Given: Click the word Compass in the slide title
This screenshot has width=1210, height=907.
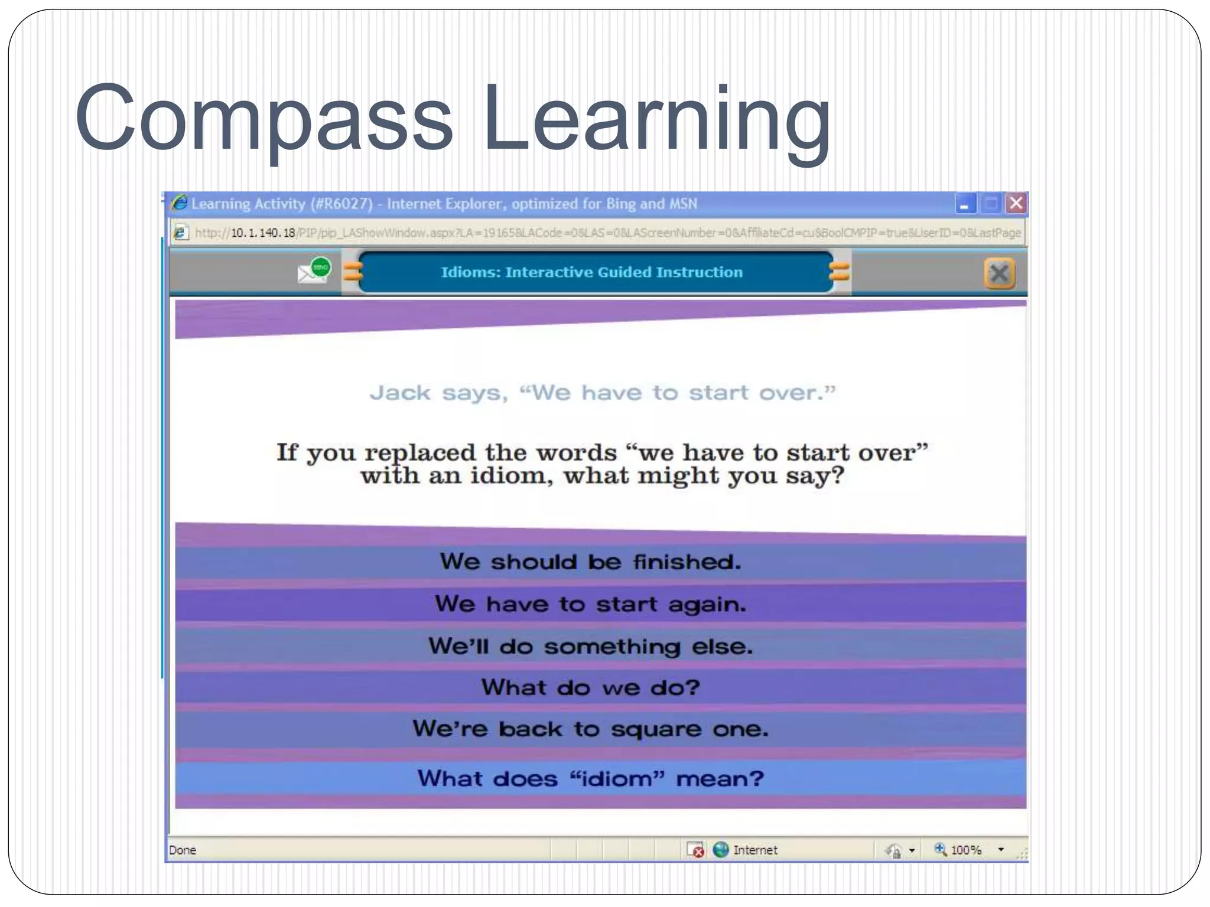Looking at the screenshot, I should [263, 118].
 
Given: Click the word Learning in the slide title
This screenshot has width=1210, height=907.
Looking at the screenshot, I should [656, 118].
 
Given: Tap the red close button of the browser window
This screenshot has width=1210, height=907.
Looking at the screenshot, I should [1016, 204].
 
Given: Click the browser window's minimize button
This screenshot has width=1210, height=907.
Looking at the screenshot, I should [965, 204].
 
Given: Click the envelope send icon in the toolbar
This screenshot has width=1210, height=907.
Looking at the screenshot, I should [314, 271].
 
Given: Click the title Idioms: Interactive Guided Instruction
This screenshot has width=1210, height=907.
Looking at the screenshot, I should [591, 272].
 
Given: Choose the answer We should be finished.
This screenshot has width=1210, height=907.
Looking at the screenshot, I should [590, 562].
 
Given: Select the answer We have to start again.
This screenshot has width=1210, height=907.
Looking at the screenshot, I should [590, 604].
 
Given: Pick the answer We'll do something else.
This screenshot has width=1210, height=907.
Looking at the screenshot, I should [590, 647].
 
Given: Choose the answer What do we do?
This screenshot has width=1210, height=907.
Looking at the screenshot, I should [590, 688].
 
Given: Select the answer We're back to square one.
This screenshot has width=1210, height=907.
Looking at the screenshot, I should [590, 729].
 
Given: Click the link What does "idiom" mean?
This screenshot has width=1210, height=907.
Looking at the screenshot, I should [590, 779].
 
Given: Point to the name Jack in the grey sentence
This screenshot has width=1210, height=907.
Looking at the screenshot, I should [400, 393].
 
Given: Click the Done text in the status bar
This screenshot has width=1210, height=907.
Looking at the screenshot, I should [183, 850].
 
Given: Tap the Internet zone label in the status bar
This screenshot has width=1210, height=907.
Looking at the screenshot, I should [754, 850].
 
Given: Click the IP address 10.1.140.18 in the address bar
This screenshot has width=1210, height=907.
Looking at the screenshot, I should [262, 233].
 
